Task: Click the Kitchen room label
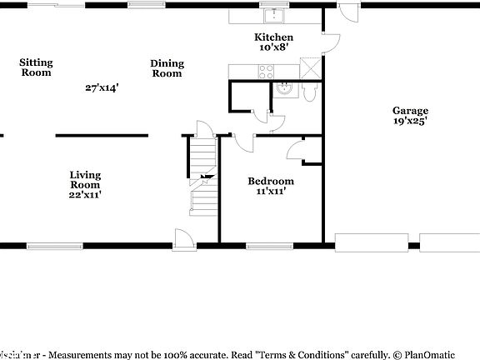(273, 37)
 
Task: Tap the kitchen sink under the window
(272, 15)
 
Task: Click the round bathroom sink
(283, 90)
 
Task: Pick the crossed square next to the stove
(312, 70)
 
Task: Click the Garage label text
(411, 111)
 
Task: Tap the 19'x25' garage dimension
(411, 122)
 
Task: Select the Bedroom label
(271, 181)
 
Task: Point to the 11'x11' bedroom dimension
(271, 192)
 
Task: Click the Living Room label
(85, 180)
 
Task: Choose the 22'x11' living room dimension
(85, 195)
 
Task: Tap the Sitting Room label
(36, 67)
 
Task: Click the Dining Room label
(167, 68)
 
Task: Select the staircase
(202, 179)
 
